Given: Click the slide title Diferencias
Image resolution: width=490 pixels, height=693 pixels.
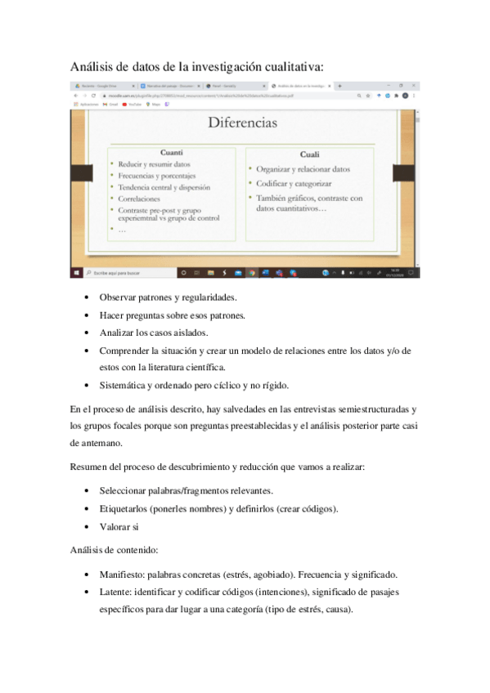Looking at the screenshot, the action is point(242,123).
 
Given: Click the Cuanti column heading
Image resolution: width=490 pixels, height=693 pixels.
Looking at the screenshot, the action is point(171,153).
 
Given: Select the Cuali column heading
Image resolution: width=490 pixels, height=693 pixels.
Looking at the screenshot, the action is point(309,154).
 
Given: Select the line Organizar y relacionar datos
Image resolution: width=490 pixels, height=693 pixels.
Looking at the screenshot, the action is point(303,170).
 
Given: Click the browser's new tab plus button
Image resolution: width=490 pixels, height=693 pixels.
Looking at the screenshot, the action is point(339,86).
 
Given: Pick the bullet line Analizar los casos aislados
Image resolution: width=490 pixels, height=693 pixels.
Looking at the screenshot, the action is point(154,333).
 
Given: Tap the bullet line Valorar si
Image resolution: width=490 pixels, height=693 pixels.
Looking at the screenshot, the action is point(119,527).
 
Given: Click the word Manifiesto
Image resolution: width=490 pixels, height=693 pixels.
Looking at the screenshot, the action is point(124,575).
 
